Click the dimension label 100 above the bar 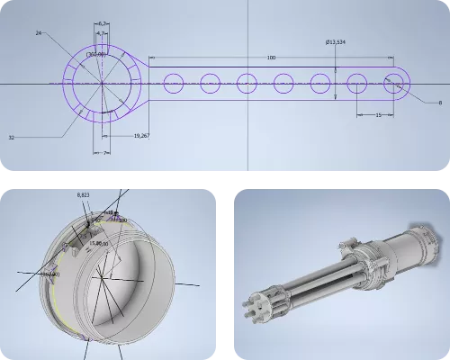271,58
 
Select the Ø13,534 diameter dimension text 337,41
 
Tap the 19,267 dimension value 140,135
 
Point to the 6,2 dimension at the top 103,22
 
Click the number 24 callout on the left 40,32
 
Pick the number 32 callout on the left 37,138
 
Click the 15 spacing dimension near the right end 377,116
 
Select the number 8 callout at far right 440,103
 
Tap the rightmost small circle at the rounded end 394,84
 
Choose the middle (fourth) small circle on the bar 284,84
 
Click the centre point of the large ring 102,84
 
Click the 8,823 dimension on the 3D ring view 84,195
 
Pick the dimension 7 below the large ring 105,153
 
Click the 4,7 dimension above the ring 103,33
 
